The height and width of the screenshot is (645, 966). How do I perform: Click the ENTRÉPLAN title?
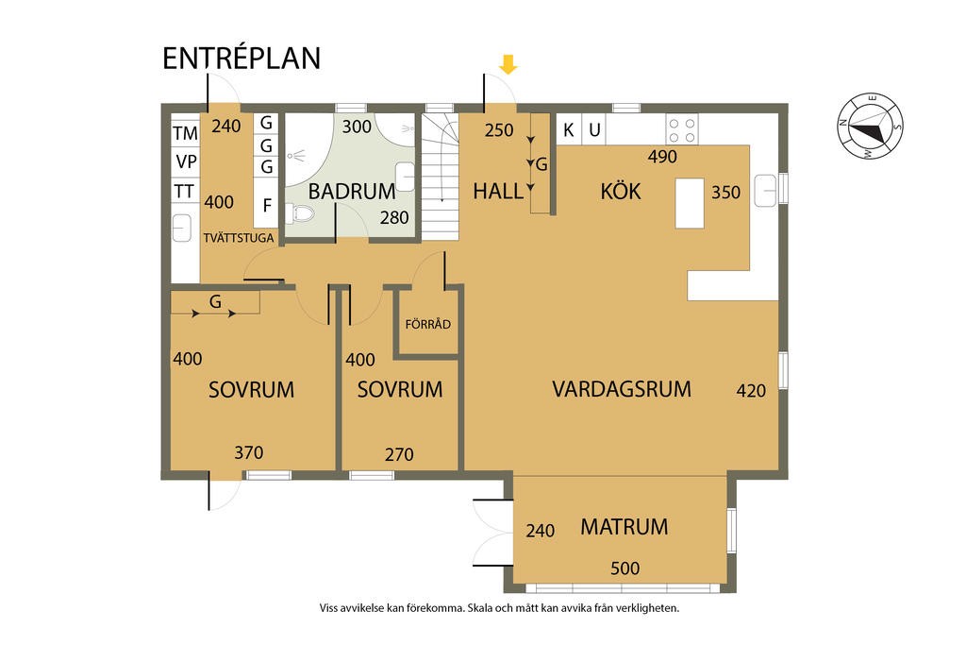[241, 58]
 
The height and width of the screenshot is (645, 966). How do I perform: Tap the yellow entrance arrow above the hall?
[508, 64]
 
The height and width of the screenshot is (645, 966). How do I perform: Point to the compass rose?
[870, 127]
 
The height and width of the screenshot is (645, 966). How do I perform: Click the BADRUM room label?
[352, 191]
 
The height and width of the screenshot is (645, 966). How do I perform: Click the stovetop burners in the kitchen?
[682, 129]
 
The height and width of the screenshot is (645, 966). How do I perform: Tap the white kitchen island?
[690, 203]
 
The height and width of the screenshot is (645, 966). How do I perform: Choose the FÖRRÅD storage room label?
[428, 324]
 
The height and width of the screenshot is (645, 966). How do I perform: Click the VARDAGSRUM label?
[622, 389]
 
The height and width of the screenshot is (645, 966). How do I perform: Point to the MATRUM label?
[625, 527]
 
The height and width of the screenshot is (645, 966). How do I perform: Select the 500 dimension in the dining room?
[625, 568]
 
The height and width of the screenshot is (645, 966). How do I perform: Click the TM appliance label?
[185, 133]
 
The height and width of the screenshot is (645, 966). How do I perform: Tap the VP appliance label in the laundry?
[186, 161]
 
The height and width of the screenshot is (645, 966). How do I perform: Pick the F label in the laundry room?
[267, 205]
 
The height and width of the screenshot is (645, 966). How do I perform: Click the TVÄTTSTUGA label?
[239, 237]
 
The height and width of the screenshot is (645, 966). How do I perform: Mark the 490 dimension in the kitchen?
[662, 157]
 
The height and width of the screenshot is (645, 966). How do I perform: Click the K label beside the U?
[569, 130]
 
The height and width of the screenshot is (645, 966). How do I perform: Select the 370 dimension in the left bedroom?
[249, 452]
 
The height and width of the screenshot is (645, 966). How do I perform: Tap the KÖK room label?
[621, 191]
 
